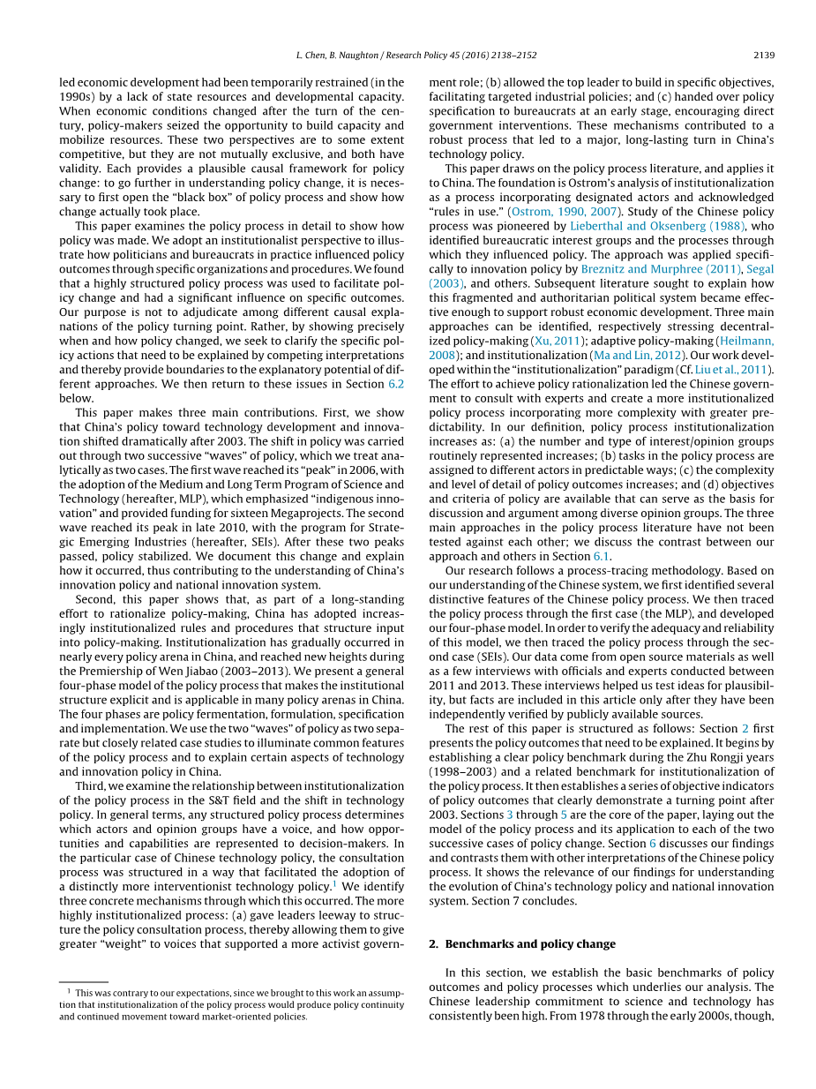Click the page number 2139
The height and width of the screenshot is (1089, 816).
[763, 55]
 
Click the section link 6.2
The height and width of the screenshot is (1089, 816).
[395, 384]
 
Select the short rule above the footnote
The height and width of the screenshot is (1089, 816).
[83, 982]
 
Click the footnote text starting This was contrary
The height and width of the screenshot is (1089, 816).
[231, 1004]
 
